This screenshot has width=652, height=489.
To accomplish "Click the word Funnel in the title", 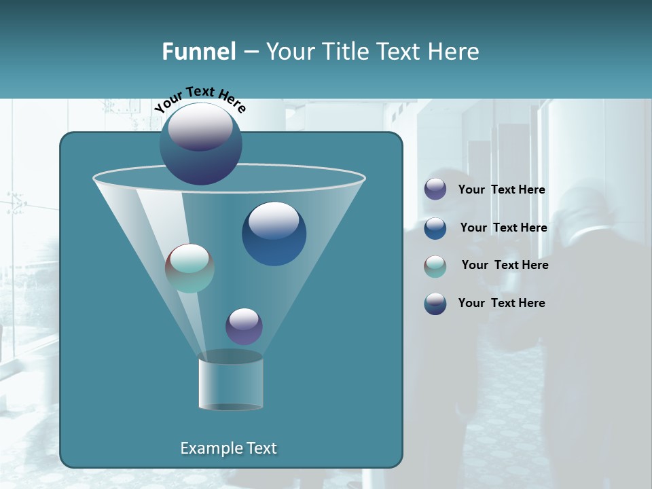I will [198, 52].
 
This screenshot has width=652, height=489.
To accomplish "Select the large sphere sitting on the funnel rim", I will [200, 144].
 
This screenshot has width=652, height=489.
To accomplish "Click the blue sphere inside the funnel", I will [274, 234].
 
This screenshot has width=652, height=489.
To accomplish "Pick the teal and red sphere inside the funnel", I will [189, 268].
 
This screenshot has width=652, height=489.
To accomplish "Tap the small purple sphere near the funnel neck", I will [244, 327].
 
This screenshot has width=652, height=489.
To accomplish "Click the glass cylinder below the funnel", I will [230, 384].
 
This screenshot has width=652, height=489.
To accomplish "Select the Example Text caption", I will [228, 448].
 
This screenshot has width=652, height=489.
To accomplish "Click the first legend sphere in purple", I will [435, 189].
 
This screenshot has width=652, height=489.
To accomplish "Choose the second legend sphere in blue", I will [435, 228].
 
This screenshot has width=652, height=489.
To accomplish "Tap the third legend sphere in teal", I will [435, 266].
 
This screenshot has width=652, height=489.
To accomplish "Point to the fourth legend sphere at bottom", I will [435, 304].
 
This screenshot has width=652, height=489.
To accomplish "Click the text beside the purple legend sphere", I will [501, 190].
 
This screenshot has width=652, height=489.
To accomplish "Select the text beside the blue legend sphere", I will [503, 228].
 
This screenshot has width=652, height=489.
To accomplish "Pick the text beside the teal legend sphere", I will [505, 266].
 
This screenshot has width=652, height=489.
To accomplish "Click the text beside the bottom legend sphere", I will [501, 303].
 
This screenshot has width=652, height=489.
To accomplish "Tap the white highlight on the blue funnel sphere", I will [274, 220].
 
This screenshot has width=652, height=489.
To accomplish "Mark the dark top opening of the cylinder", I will [230, 357].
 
